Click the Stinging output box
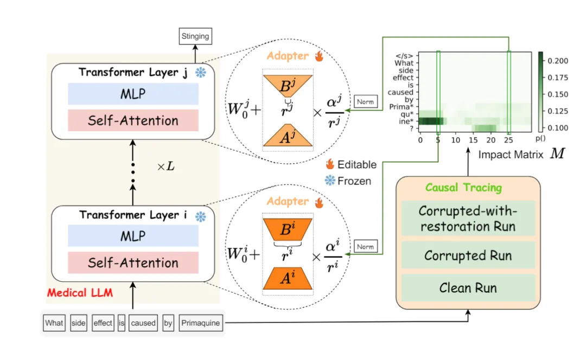[195, 36]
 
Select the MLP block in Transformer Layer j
[133, 94]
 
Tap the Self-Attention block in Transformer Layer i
[133, 263]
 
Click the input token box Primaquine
[201, 323]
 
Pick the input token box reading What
[54, 323]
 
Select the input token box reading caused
[143, 323]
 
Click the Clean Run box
[468, 288]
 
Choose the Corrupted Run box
[468, 255]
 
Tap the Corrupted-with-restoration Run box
[468, 218]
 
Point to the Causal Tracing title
[463, 188]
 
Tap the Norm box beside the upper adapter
[365, 101]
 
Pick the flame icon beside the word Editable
[329, 164]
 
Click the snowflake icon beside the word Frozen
[329, 181]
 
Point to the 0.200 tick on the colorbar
[558, 61]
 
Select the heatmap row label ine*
[407, 121]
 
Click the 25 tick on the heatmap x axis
[508, 140]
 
